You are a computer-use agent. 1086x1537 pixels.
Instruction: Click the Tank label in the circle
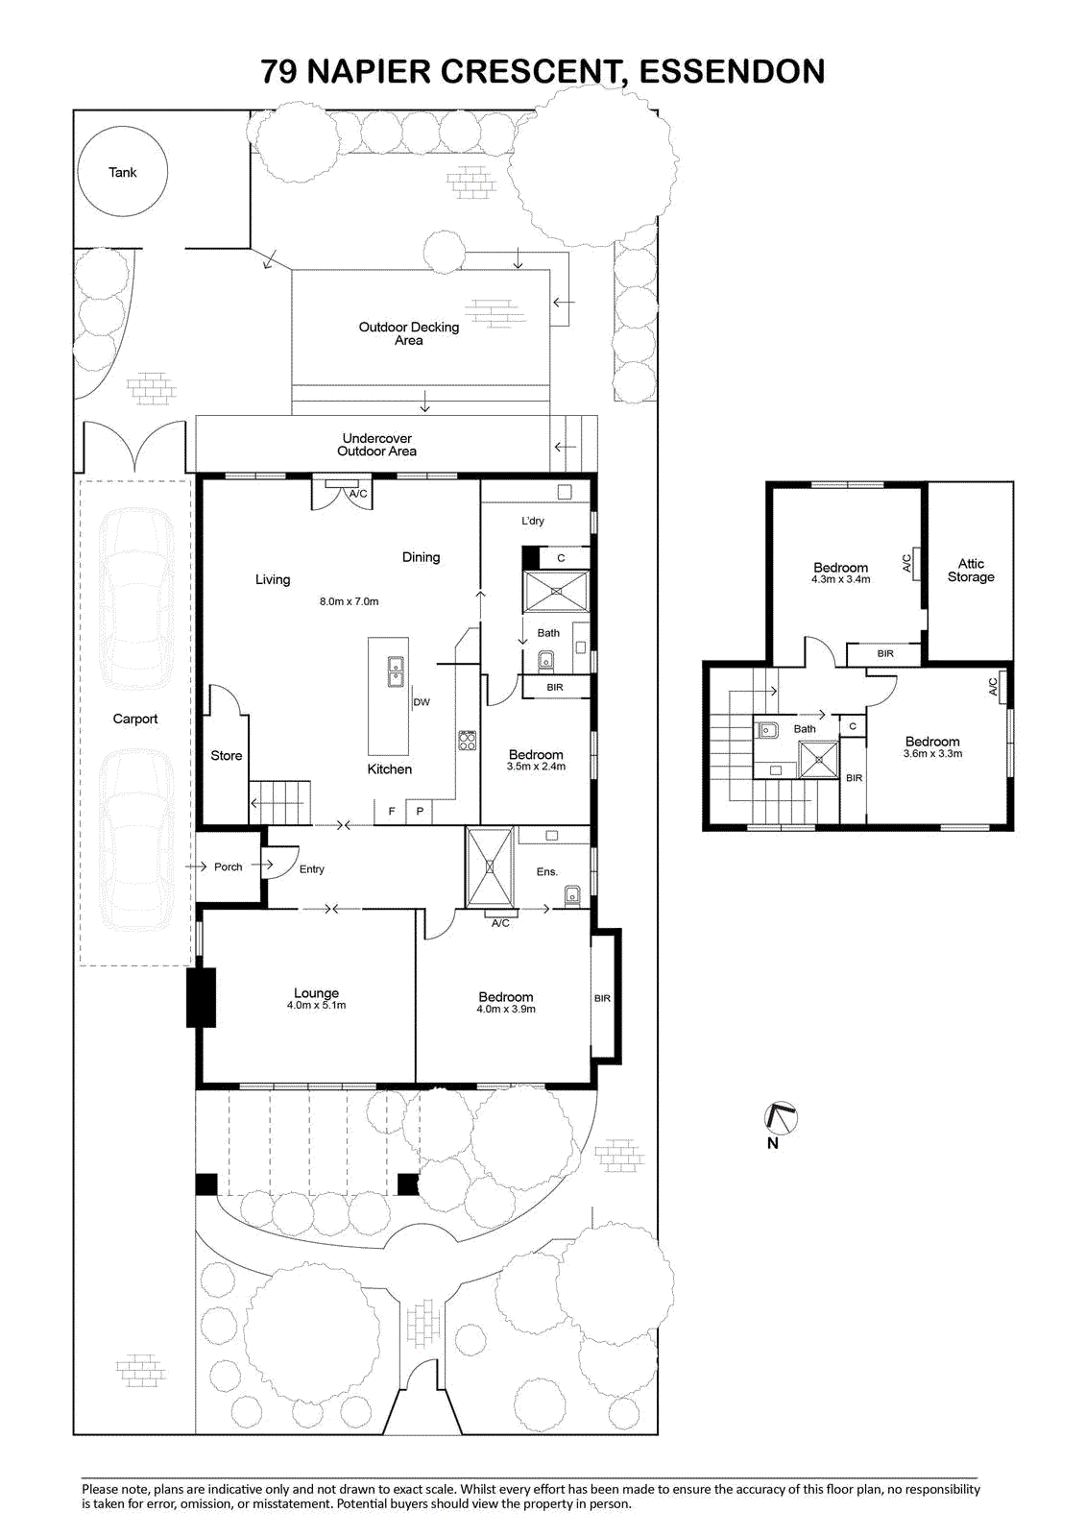click(x=123, y=172)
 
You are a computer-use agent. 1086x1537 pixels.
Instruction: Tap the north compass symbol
click(x=781, y=1118)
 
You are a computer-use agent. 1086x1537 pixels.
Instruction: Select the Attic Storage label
click(x=971, y=571)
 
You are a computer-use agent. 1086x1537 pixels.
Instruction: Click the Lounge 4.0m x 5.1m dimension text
click(x=316, y=1005)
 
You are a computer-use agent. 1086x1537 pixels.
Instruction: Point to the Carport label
click(x=135, y=719)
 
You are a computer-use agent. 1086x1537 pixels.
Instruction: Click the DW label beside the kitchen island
click(x=422, y=702)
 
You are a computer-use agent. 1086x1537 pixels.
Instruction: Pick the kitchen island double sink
click(x=396, y=671)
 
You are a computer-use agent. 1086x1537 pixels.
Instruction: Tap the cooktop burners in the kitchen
click(x=468, y=741)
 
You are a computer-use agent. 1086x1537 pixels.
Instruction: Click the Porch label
click(x=228, y=866)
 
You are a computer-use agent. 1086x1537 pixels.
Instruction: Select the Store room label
click(x=227, y=755)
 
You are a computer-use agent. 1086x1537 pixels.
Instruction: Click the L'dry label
click(x=532, y=521)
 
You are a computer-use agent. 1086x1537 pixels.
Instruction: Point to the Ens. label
click(x=546, y=871)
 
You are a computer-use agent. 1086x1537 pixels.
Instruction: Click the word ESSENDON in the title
click(x=732, y=71)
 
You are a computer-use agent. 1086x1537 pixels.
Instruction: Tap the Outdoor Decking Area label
click(x=409, y=333)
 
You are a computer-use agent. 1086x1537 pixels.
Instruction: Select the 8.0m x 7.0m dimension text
click(x=349, y=601)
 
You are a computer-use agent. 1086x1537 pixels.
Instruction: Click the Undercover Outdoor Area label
click(x=376, y=444)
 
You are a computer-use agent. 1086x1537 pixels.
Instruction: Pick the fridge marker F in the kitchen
click(x=392, y=811)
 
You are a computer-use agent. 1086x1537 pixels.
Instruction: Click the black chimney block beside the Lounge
click(x=201, y=997)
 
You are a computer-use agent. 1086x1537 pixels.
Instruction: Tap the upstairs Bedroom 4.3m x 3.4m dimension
click(x=840, y=579)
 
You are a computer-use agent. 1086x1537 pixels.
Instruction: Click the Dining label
click(x=421, y=557)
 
